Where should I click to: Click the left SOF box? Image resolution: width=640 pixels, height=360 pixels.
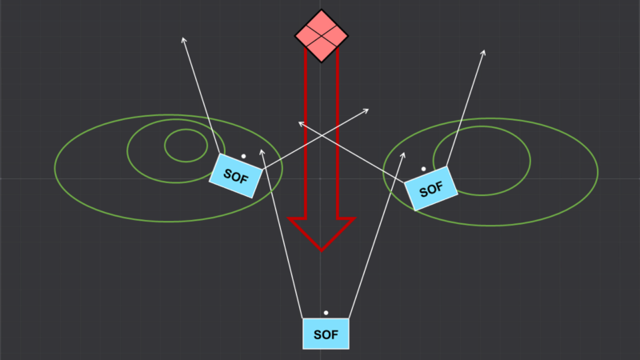(x=235, y=175)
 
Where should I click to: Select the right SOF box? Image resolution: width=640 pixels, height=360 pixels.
(x=430, y=189)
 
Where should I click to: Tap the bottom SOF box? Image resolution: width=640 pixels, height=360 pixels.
(x=326, y=333)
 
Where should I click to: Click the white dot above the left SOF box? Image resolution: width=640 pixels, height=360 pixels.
(x=244, y=156)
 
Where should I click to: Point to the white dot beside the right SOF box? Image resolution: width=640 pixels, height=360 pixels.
(x=423, y=169)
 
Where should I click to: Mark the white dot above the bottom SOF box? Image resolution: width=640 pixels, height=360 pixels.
(x=326, y=312)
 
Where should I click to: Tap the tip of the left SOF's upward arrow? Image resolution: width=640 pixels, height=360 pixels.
(x=183, y=37)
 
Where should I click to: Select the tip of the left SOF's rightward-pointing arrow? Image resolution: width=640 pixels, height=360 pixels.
(x=368, y=109)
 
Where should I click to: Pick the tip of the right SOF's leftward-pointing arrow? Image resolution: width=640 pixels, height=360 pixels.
(x=298, y=122)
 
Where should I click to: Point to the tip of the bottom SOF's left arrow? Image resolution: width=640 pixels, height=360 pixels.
(x=261, y=147)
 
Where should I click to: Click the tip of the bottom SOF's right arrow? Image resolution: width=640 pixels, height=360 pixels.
(x=405, y=153)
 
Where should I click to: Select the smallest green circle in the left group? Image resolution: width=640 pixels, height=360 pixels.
(x=186, y=145)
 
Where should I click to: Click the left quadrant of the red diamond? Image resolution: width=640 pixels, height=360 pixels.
(x=308, y=34)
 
